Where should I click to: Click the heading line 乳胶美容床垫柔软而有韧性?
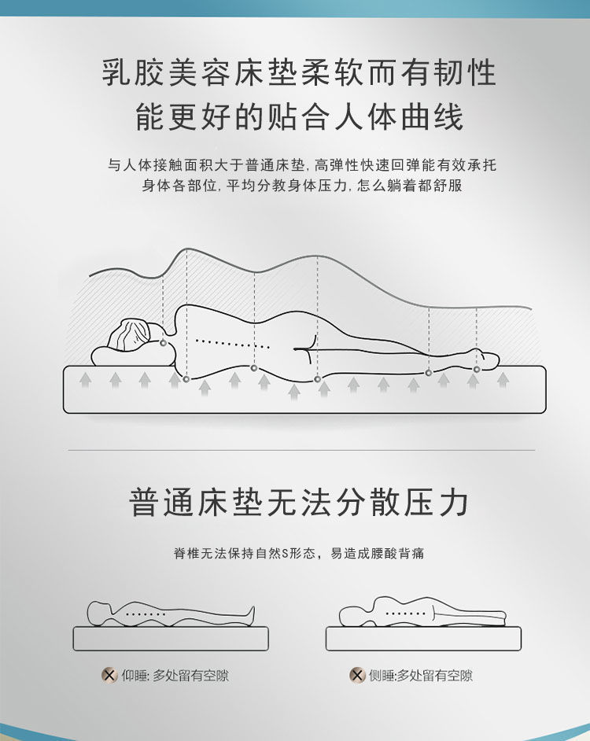click(299, 73)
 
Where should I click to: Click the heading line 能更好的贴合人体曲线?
click(299, 117)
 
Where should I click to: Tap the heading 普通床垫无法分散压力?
click(299, 502)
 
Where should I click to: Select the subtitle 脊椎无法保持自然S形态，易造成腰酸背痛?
click(299, 553)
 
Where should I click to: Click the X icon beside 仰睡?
click(109, 675)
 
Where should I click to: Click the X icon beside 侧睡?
click(357, 675)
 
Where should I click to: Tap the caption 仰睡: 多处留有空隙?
click(175, 675)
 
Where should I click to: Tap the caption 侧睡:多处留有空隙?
click(421, 675)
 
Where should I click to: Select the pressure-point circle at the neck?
click(164, 343)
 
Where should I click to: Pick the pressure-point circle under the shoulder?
click(186, 379)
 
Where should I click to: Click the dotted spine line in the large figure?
click(232, 344)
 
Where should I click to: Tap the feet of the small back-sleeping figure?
click(249, 616)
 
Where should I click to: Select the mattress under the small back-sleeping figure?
click(171, 639)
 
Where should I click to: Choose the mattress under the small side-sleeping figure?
click(423, 639)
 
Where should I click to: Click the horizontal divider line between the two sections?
click(301, 451)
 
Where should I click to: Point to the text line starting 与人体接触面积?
click(301, 165)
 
